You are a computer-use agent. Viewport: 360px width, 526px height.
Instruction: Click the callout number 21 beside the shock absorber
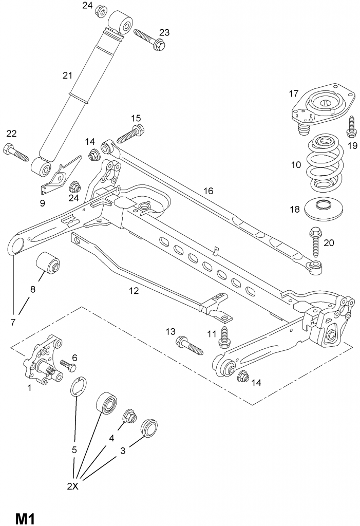point(67,76)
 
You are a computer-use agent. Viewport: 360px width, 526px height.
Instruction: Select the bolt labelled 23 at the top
point(149,40)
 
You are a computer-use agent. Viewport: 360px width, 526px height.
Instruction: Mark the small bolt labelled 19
point(351,127)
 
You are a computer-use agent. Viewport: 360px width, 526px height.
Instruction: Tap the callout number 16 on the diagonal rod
point(207,191)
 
